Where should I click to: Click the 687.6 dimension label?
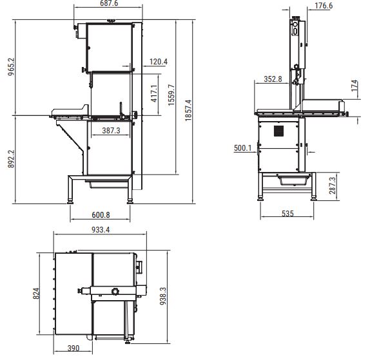pos(109,3)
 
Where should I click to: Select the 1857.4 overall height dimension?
pos(188,110)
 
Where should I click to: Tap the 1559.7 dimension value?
pos(171,95)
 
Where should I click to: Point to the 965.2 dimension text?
pos(11,67)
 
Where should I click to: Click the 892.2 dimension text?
pos(11,159)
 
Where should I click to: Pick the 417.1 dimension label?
pos(154,93)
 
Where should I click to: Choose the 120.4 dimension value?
pos(159,62)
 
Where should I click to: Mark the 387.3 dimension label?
pos(111,131)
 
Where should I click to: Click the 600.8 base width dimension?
pos(101,215)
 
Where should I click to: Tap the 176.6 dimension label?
pos(324,6)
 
